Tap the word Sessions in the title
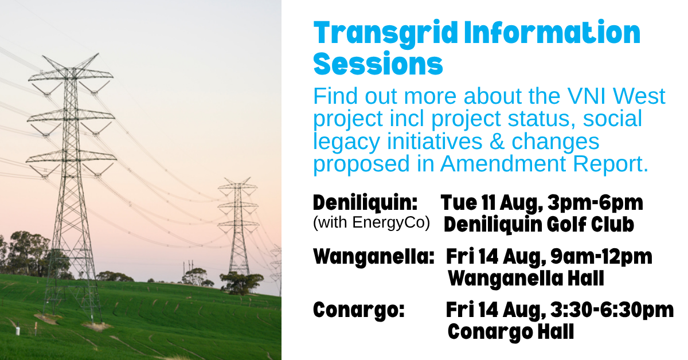coord(378,64)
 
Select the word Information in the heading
coord(552,33)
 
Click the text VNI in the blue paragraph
coord(587,96)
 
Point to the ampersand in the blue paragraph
coord(497,141)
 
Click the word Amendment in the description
coord(503,163)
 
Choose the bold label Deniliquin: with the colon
coord(365,203)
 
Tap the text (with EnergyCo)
coord(372,222)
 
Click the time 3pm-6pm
coord(596,204)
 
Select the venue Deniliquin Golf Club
coord(539,225)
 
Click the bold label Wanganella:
coord(374,256)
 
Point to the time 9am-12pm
coord(601,257)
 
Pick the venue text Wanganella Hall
coord(526,279)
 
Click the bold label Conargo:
coord(359,310)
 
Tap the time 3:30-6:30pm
coord(612,310)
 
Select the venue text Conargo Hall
coord(511,332)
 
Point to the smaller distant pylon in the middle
coord(239,228)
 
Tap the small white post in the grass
coord(18,331)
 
